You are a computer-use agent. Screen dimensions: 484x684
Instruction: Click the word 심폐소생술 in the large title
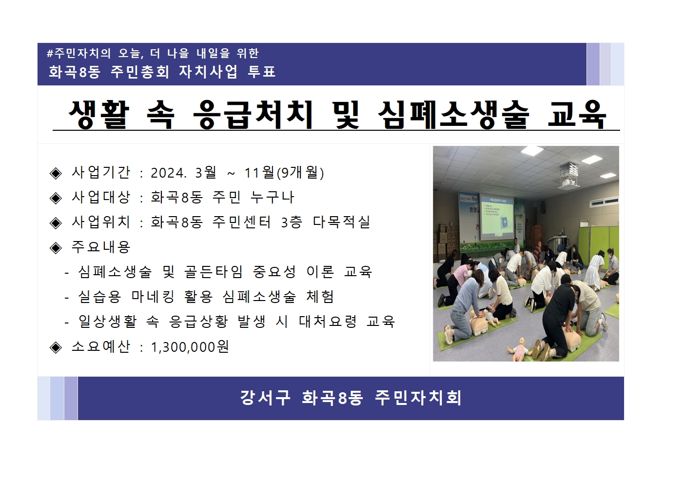coord(453,115)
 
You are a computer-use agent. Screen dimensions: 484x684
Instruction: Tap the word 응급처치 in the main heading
coord(253,115)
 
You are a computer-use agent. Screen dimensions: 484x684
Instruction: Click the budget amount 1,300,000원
coord(190,347)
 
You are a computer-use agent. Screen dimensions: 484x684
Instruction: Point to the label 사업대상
coord(101,197)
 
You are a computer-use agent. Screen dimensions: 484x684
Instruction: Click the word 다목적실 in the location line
coord(341,222)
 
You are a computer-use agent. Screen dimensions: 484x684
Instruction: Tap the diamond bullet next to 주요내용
coord(56,248)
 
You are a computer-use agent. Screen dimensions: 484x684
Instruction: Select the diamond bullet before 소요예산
coord(56,347)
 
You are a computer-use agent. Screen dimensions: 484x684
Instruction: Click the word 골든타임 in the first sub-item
coord(214,272)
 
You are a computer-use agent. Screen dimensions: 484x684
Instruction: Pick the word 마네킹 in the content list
coord(153,297)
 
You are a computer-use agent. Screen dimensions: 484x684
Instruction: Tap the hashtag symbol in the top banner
coord(50,53)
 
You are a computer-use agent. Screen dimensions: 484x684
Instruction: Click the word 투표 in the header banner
coord(262,72)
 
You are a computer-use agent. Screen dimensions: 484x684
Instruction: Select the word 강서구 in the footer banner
coord(265,398)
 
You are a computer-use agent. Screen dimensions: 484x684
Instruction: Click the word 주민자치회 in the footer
coord(418,398)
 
